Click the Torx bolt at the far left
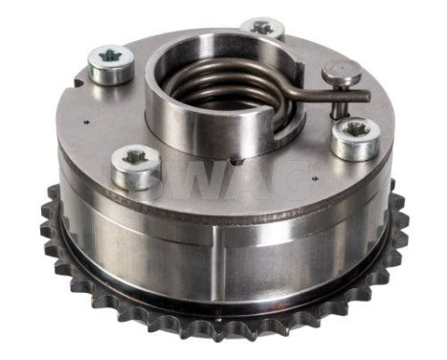pos(110,63)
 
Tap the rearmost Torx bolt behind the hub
pos(261,30)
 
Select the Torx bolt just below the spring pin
pos(355,137)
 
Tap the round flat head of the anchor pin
pos(341,69)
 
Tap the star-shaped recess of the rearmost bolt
pos(261,27)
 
